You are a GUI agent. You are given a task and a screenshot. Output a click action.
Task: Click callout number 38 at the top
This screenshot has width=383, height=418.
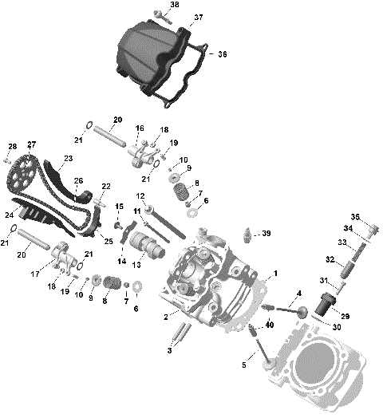coord(175,5)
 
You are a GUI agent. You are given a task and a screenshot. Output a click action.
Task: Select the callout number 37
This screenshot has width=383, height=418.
coord(199,17)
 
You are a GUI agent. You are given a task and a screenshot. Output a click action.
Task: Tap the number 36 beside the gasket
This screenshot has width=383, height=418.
coord(223,54)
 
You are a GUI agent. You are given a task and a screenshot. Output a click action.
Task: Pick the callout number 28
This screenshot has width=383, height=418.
coord(12,146)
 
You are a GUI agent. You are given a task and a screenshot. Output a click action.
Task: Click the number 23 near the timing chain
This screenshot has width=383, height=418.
coord(68,158)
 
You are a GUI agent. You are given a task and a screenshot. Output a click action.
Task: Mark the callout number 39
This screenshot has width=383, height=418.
coord(267,234)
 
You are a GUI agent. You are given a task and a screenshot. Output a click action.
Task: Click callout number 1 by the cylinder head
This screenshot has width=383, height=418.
coord(277,274)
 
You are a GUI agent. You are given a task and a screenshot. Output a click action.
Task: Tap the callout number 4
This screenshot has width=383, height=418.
coord(299,294)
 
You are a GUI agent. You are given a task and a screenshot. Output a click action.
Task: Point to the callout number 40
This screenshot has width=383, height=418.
coord(270,324)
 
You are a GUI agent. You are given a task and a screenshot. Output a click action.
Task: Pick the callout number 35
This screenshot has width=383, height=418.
coord(356,216)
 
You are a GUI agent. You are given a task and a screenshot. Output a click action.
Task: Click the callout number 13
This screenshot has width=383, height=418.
coord(136,264)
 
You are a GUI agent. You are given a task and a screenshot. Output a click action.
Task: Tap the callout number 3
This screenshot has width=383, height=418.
coord(169,349)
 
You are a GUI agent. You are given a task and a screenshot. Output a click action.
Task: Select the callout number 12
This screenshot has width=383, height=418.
coord(140,195)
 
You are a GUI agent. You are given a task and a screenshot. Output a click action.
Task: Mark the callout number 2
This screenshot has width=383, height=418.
coord(165,317)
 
